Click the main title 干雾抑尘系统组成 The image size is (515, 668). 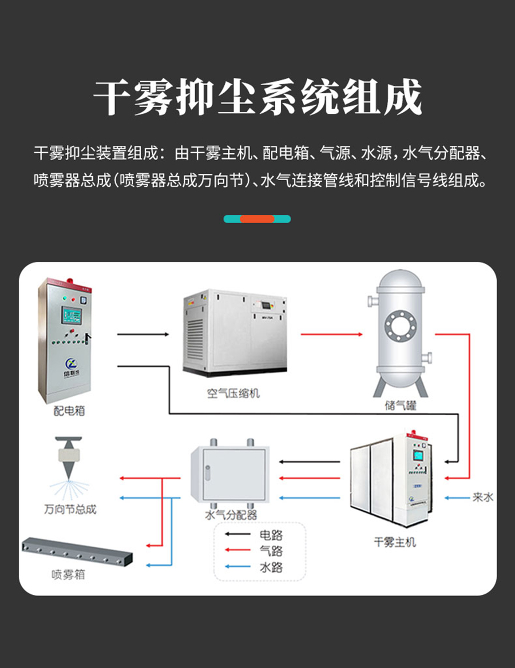click(x=257, y=98)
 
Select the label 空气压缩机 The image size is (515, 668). click(x=233, y=393)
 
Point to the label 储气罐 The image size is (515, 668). click(x=401, y=406)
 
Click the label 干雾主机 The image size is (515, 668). click(x=395, y=542)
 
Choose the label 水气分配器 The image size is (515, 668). click(x=231, y=515)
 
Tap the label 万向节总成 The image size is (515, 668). click(x=70, y=508)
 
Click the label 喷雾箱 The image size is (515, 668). click(x=68, y=574)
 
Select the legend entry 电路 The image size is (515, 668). click(x=271, y=535)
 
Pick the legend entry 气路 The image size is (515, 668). click(x=271, y=551)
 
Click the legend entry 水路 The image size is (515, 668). click(x=271, y=567)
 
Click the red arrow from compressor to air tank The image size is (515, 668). click(x=332, y=334)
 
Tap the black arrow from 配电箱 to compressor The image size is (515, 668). click(x=144, y=334)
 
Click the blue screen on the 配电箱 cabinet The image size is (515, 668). click(x=73, y=316)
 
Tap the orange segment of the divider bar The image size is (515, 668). click(x=257, y=218)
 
